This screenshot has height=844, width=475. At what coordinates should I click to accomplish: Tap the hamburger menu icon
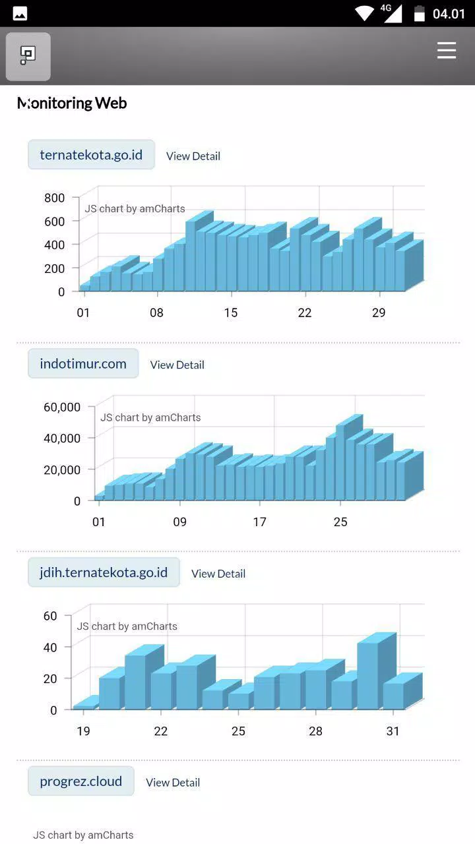click(x=447, y=51)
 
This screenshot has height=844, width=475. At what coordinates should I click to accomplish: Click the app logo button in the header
click(x=28, y=57)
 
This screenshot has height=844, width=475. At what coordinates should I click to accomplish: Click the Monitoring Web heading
click(x=72, y=104)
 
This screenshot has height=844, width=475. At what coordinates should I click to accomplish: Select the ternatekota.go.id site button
click(x=91, y=154)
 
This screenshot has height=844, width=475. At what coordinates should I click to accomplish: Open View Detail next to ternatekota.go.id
click(x=193, y=156)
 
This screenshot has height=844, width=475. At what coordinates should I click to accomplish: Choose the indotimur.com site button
click(x=83, y=363)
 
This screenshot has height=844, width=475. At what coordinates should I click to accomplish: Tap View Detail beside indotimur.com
click(x=177, y=365)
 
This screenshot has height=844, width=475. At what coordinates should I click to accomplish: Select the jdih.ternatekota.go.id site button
click(x=104, y=572)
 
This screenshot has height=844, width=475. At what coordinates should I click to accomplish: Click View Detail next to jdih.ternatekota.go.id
click(x=218, y=574)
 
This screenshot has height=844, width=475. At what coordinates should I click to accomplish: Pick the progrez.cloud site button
click(x=81, y=781)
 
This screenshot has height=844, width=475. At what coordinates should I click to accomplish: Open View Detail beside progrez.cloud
click(x=173, y=782)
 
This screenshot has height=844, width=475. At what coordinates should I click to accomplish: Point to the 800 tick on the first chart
click(x=55, y=198)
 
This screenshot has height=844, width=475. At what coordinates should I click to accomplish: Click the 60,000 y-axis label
click(x=62, y=407)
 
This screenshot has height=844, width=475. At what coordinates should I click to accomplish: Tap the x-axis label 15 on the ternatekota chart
click(x=231, y=313)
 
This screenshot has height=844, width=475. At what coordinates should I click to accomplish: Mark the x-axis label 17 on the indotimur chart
click(x=260, y=522)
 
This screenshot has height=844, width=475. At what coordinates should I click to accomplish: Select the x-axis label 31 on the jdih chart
click(x=393, y=731)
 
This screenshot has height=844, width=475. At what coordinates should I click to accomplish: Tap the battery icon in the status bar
click(x=419, y=14)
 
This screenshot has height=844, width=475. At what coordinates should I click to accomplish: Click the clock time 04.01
click(x=449, y=14)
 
